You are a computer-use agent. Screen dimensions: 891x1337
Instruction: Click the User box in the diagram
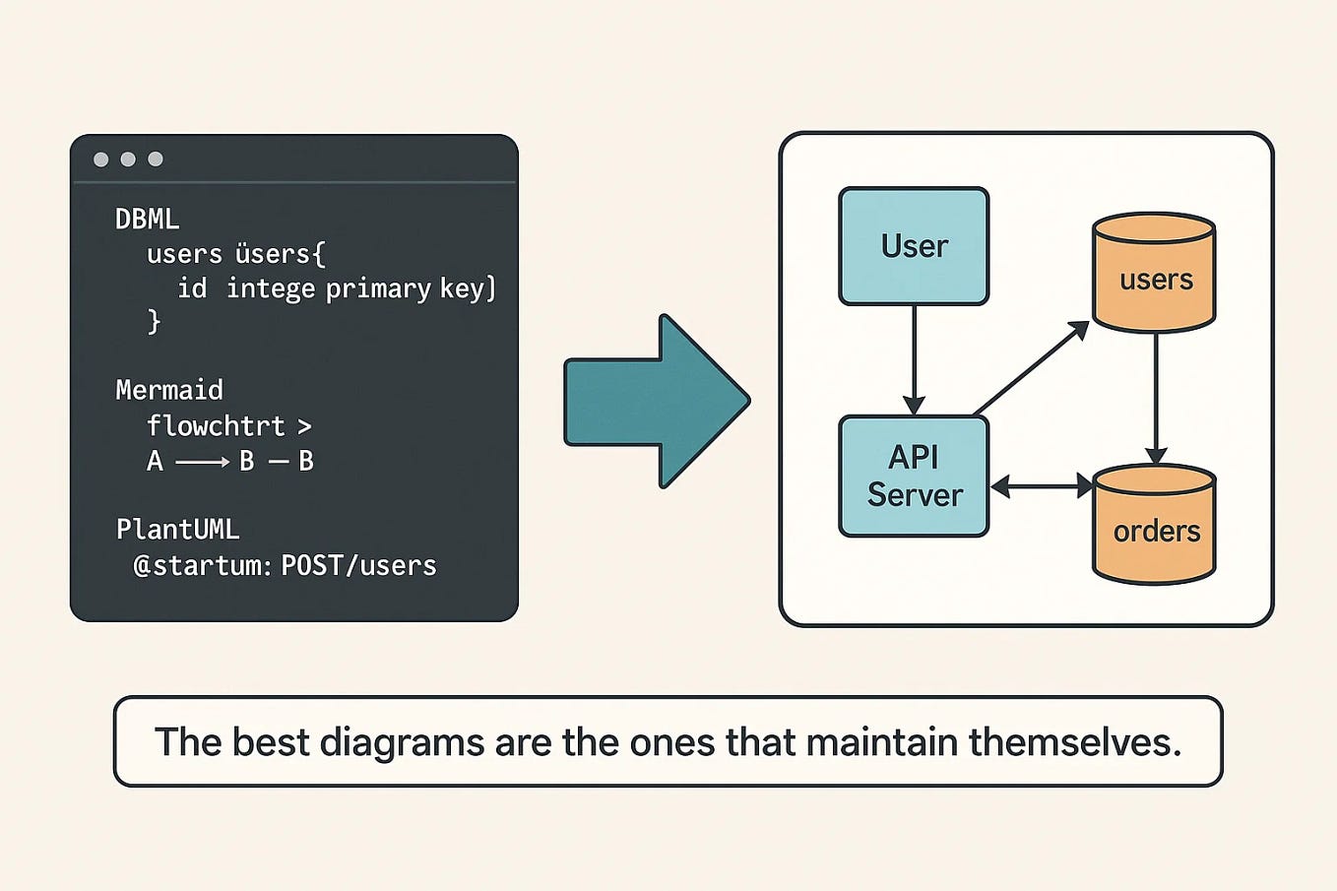(914, 246)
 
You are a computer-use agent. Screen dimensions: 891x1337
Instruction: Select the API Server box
(914, 477)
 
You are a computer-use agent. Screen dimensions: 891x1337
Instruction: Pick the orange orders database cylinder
(1155, 526)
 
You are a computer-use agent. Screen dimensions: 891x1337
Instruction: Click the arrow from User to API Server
(914, 359)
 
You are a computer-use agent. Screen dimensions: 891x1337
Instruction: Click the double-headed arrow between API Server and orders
(1042, 486)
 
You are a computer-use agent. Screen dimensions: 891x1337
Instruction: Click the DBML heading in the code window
(148, 219)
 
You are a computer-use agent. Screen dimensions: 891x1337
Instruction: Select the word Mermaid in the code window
(169, 390)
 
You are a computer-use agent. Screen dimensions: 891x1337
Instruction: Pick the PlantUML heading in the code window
(178, 530)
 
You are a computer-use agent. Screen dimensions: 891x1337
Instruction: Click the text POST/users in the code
(358, 566)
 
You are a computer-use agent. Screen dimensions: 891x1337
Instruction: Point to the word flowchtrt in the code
(216, 426)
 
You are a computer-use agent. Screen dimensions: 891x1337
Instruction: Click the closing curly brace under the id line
(154, 321)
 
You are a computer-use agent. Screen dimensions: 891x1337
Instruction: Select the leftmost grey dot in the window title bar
(100, 159)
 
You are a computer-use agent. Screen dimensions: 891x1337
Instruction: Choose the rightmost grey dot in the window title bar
(156, 159)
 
